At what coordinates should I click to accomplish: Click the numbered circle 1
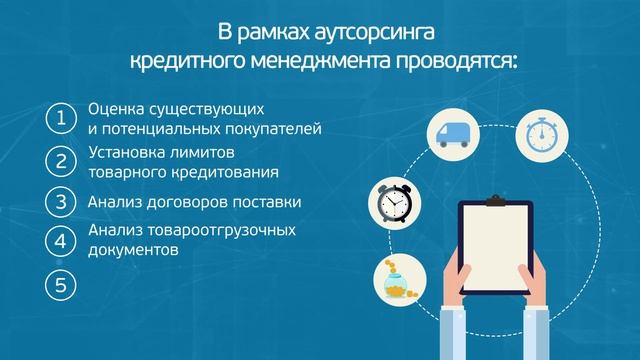coord(61,118)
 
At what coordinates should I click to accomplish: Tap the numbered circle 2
coord(61,161)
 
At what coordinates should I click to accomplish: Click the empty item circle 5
coord(61,285)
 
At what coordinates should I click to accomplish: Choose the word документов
coord(133,251)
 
